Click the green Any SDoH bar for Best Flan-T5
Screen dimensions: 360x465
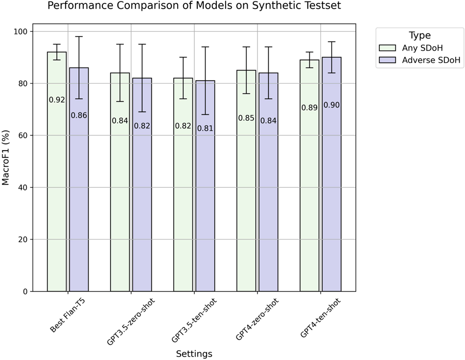click(x=57, y=196)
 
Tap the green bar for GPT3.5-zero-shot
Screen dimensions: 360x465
click(x=120, y=205)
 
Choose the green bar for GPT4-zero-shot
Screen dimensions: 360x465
click(x=246, y=205)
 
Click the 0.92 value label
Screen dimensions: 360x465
click(x=57, y=100)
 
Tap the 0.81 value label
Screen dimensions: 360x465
click(x=205, y=129)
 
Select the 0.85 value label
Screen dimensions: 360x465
click(x=246, y=118)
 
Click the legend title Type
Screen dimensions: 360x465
click(x=420, y=35)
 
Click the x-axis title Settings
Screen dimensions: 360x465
click(x=194, y=353)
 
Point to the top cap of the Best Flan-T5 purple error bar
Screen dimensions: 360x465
click(x=79, y=37)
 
